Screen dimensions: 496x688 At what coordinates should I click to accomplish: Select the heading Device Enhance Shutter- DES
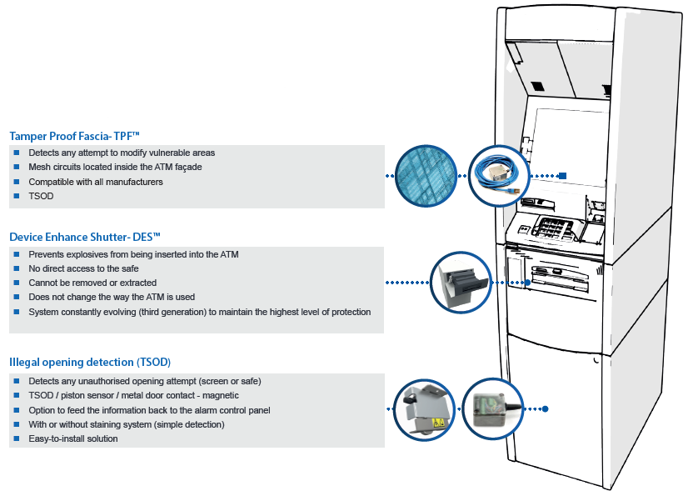coord(84,237)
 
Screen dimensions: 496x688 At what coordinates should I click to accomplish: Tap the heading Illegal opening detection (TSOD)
coord(90,362)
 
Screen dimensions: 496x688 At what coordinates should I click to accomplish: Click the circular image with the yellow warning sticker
coord(424,409)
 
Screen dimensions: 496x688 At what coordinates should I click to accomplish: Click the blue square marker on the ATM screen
coord(562,176)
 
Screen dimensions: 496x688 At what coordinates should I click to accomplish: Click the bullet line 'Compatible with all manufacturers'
coord(96,182)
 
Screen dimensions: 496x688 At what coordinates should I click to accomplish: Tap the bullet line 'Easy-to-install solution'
coord(73,438)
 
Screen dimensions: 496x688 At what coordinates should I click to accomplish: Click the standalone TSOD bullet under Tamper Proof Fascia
coord(41,196)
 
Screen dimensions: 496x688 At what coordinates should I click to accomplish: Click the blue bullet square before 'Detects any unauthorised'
coord(16,381)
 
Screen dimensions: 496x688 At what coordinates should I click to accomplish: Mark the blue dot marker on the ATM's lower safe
coord(546,409)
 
